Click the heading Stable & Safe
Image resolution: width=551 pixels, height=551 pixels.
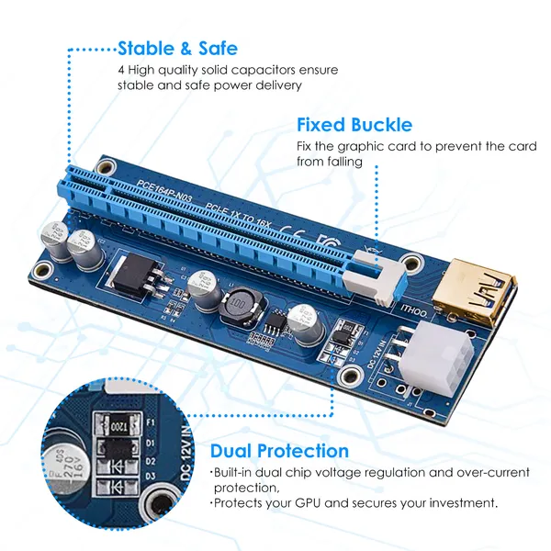[177, 48]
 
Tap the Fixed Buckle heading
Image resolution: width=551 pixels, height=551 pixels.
[354, 125]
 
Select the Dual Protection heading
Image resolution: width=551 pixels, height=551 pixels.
[279, 451]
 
